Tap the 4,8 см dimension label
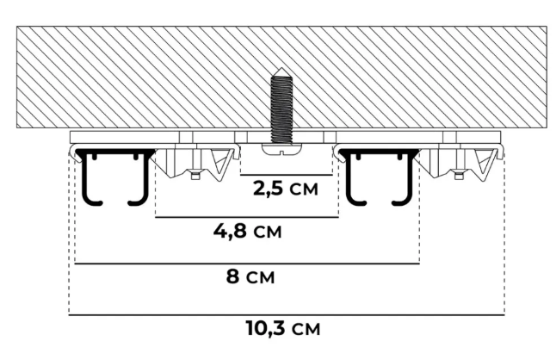point(249,231)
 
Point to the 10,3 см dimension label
point(284,328)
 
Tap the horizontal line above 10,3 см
point(285,314)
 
